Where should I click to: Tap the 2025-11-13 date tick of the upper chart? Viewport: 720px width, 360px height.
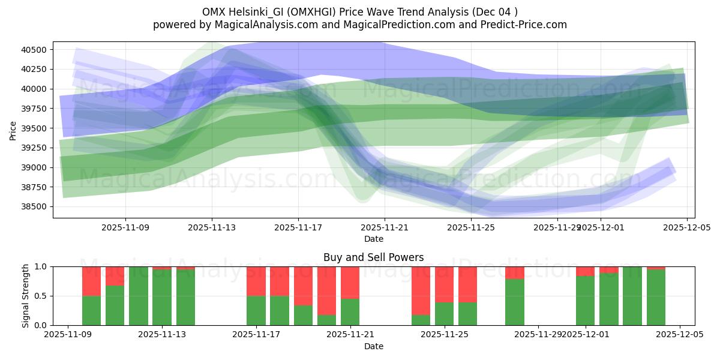(x=212, y=228)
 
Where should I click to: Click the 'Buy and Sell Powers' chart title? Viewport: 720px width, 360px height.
(x=373, y=257)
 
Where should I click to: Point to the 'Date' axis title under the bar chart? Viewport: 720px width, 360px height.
(x=373, y=346)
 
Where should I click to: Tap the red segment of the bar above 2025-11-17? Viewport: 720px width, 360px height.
(x=256, y=281)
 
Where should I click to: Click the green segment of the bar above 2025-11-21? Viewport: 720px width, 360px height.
(x=350, y=312)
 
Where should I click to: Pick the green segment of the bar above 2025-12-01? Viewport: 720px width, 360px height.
(x=585, y=301)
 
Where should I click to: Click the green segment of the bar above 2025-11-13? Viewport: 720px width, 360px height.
(x=162, y=298)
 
